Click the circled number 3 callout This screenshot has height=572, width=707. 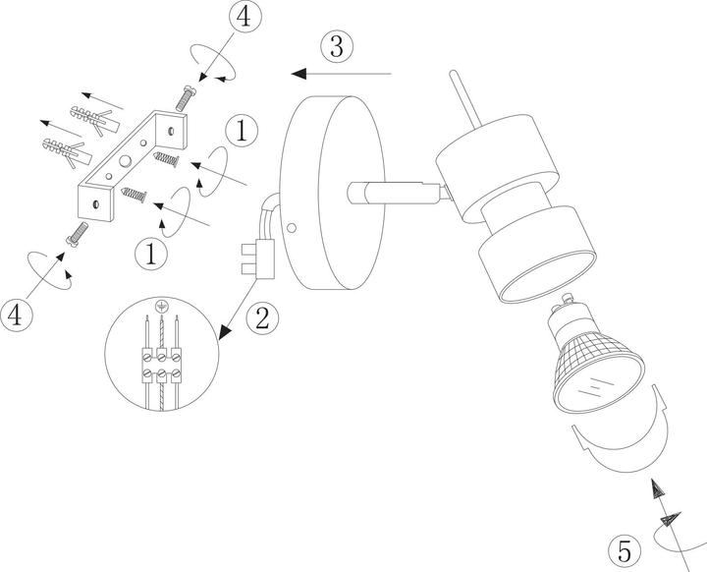[x=336, y=45]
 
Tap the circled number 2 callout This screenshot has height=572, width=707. [x=262, y=316]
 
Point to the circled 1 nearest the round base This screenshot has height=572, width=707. [x=243, y=130]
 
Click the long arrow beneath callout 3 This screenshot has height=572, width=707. [x=343, y=73]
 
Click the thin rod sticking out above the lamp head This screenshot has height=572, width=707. [x=462, y=98]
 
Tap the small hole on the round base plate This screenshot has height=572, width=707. [x=292, y=228]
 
